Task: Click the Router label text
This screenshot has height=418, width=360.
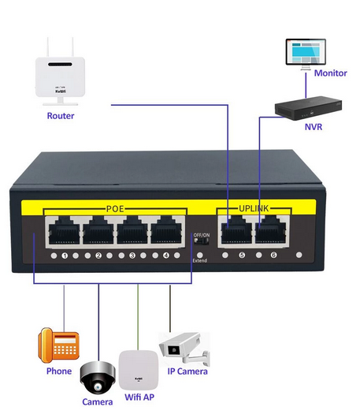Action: tap(61, 116)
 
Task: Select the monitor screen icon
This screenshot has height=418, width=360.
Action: tap(306, 54)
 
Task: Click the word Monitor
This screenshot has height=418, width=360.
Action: tap(330, 73)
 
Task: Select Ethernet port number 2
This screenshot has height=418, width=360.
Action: tap(98, 232)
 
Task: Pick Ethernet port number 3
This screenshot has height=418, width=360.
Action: tap(132, 232)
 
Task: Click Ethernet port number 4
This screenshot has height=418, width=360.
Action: tap(166, 232)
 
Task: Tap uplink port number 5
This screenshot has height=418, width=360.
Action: tap(236, 232)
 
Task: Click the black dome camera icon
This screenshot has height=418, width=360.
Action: tap(98, 379)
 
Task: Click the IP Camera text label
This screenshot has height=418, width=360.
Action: tap(185, 371)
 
